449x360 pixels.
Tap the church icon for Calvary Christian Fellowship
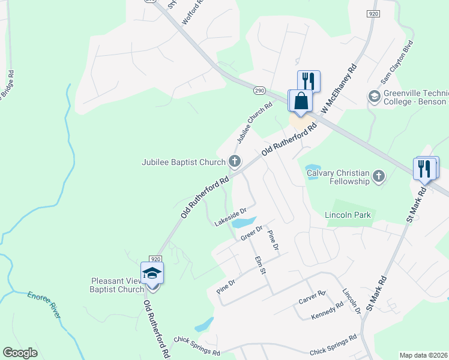point(378,176)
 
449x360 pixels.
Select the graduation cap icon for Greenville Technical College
point(374,96)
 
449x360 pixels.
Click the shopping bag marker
point(301,101)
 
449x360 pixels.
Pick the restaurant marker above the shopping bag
point(309,80)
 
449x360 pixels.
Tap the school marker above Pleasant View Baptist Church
point(152,273)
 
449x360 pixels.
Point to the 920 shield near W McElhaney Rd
point(373,13)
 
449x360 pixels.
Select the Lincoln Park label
point(348,215)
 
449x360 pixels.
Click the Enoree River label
point(46,304)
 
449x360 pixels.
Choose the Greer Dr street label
point(252,233)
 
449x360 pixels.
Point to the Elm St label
point(260,265)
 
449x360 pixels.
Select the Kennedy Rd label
point(327,310)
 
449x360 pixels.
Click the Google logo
point(20,353)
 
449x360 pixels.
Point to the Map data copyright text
point(423,355)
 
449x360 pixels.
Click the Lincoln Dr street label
point(351,303)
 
